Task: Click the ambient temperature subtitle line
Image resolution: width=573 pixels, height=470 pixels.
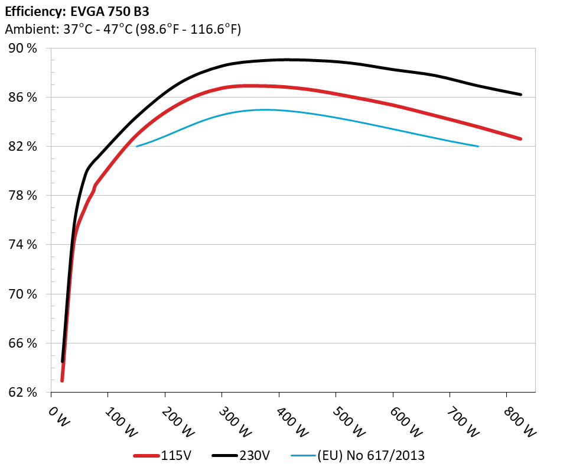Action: [122, 29]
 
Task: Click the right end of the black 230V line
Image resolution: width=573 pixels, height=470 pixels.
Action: [520, 95]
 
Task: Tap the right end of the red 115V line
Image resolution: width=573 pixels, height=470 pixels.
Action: [520, 139]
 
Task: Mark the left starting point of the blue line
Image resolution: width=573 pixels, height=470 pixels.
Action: [137, 146]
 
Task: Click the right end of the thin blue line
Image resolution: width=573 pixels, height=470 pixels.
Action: [478, 146]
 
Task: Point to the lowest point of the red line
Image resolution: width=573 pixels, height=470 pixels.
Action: [62, 381]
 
